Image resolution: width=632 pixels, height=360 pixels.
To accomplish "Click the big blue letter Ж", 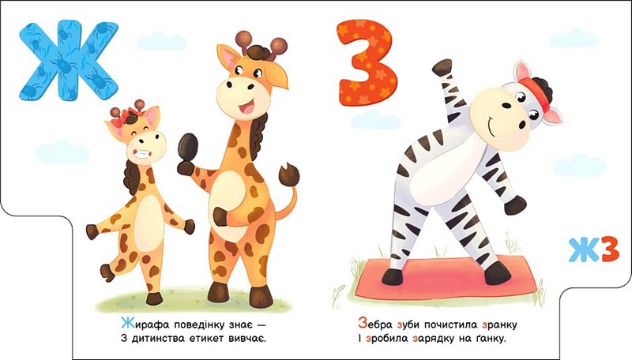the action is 69,61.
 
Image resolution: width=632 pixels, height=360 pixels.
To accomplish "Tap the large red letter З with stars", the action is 366,62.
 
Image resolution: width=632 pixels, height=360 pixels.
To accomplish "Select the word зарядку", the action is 433,339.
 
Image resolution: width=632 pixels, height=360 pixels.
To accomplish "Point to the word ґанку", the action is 490,339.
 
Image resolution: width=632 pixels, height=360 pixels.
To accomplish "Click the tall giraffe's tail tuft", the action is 289,174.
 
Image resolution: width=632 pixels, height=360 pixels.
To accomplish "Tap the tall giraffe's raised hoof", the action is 188,147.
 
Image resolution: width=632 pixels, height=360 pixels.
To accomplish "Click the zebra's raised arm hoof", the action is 442,66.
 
